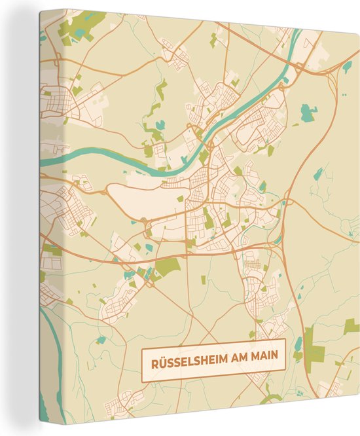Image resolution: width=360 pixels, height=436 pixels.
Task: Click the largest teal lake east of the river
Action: [307, 114]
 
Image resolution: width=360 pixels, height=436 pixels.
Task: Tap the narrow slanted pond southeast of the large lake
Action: [318, 173]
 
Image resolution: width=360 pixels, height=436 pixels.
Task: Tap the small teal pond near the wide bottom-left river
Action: [99, 340]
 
